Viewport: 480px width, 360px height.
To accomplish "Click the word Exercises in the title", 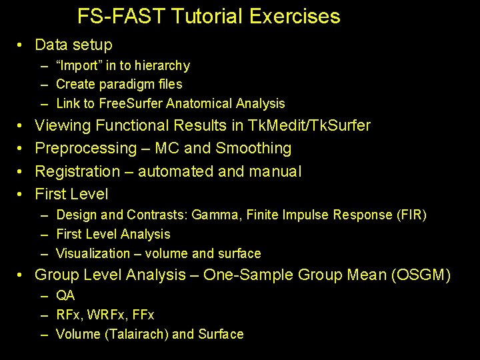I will point(295,17).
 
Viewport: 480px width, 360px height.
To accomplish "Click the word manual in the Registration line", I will point(275,171).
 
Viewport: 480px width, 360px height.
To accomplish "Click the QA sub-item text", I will point(65,295).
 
